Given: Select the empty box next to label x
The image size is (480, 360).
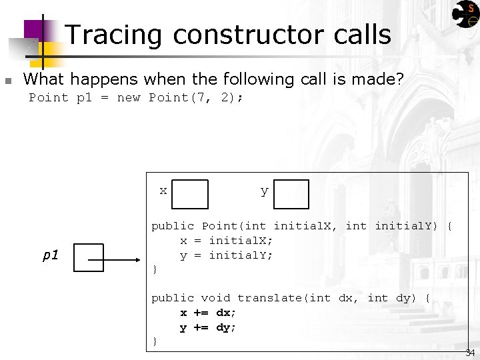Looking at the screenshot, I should coord(190,194).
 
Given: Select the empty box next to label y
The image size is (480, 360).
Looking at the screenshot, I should coord(291,194).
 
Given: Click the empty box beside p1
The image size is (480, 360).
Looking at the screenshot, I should coord(89,257).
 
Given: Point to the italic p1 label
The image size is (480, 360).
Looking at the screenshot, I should coord(51,255).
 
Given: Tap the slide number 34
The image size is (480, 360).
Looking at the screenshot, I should coord(470,352).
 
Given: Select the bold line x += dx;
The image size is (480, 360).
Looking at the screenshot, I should coord(208,313).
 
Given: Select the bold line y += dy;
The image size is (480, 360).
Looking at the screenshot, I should coord(208,327).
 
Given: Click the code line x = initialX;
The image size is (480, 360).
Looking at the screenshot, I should coord(226,241).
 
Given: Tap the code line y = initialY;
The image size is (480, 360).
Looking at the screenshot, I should coord(226,255).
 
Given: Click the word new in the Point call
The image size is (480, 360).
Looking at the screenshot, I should coord(128,98).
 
